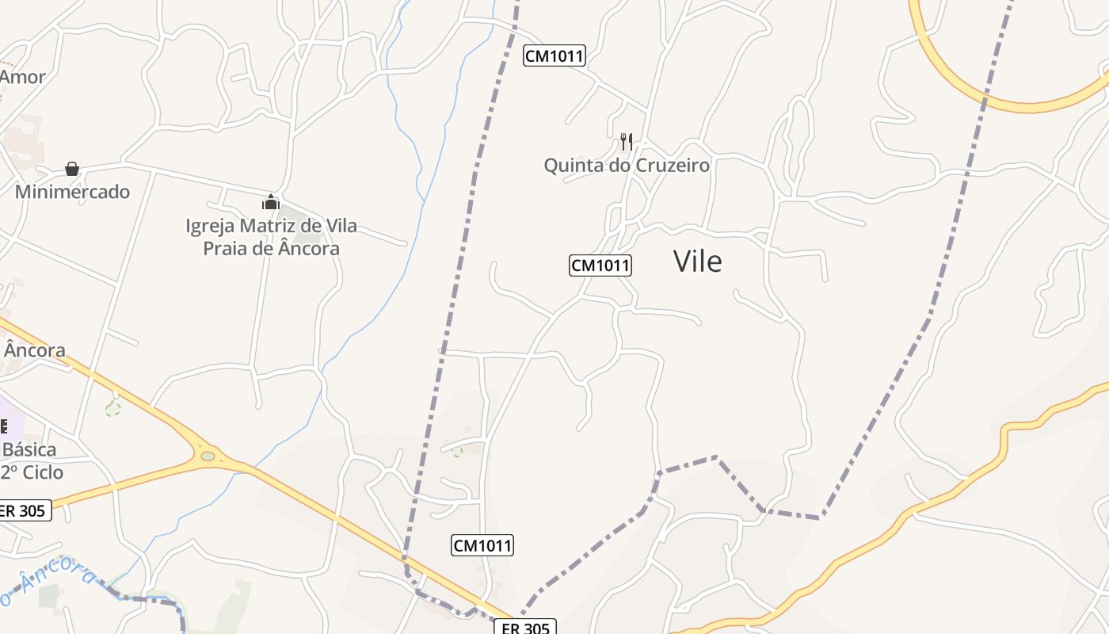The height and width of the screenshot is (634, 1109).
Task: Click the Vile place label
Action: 697,261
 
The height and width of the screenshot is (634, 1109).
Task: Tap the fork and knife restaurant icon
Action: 626,142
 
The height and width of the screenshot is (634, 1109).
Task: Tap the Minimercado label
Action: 72,192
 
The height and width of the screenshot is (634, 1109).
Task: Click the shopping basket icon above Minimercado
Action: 72,169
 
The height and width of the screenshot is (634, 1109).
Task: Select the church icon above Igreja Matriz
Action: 271,203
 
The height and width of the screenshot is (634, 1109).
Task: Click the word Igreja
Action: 209,226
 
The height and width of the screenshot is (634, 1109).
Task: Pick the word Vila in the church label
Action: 339,226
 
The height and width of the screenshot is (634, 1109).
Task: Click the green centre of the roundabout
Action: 208,456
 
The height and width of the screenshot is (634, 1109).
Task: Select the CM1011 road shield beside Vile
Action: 600,265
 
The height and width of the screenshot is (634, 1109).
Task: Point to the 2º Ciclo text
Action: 32,472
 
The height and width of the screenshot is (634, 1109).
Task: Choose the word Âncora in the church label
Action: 309,248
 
